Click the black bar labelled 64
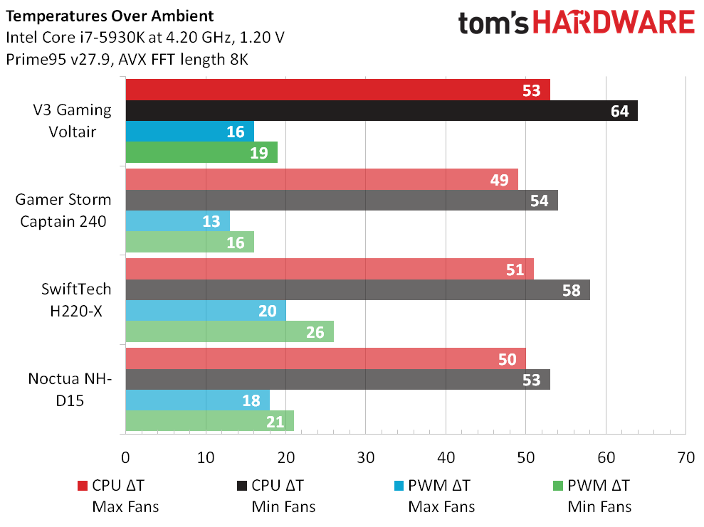pyautogui.click(x=381, y=111)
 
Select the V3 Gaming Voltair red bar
pyautogui.click(x=337, y=90)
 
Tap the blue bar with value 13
pyautogui.click(x=177, y=221)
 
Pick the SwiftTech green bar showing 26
pyautogui.click(x=229, y=331)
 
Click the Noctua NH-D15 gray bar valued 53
pyautogui.click(x=337, y=380)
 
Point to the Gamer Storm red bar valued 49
pyautogui.click(x=322, y=180)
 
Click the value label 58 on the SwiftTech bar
pyautogui.click(x=571, y=290)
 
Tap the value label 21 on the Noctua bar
pyautogui.click(x=274, y=421)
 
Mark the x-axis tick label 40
pyautogui.click(x=446, y=457)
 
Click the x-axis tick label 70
pyautogui.click(x=685, y=457)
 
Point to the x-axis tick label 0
pyautogui.click(x=126, y=457)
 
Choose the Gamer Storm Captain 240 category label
pyautogui.click(x=63, y=211)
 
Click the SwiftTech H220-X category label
pyautogui.click(x=75, y=300)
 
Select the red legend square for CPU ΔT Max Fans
pyautogui.click(x=82, y=486)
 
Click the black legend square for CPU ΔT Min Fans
pyautogui.click(x=241, y=486)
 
